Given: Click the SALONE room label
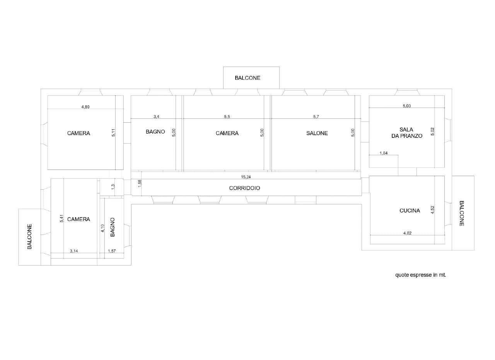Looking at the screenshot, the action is [x=317, y=133].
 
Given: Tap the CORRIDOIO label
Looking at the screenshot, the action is [x=244, y=188].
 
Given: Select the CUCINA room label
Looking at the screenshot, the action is [x=410, y=211].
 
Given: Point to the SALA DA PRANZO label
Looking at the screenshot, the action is [x=407, y=133].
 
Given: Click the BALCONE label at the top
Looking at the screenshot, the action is [x=247, y=78].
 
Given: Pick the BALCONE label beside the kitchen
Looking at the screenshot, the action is [x=461, y=213].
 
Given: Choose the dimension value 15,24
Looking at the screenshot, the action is [x=246, y=177].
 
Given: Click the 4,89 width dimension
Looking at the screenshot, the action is [x=85, y=107].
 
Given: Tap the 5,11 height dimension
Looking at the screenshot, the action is [x=113, y=133].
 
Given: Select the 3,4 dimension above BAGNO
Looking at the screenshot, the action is [x=157, y=117].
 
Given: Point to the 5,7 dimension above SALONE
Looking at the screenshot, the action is [x=316, y=117].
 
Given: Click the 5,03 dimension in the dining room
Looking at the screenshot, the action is [x=406, y=106].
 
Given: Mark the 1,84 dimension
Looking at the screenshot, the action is [x=384, y=153].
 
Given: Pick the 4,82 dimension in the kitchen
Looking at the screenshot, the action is [x=408, y=233].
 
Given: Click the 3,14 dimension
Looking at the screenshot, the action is [x=74, y=251].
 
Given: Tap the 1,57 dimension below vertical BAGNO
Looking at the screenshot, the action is [x=112, y=251].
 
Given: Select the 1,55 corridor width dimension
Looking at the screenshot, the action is [x=140, y=183].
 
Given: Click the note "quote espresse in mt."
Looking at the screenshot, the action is [x=420, y=275].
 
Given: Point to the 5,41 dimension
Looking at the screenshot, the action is [x=62, y=218].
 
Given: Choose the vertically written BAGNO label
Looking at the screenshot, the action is [x=113, y=227].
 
